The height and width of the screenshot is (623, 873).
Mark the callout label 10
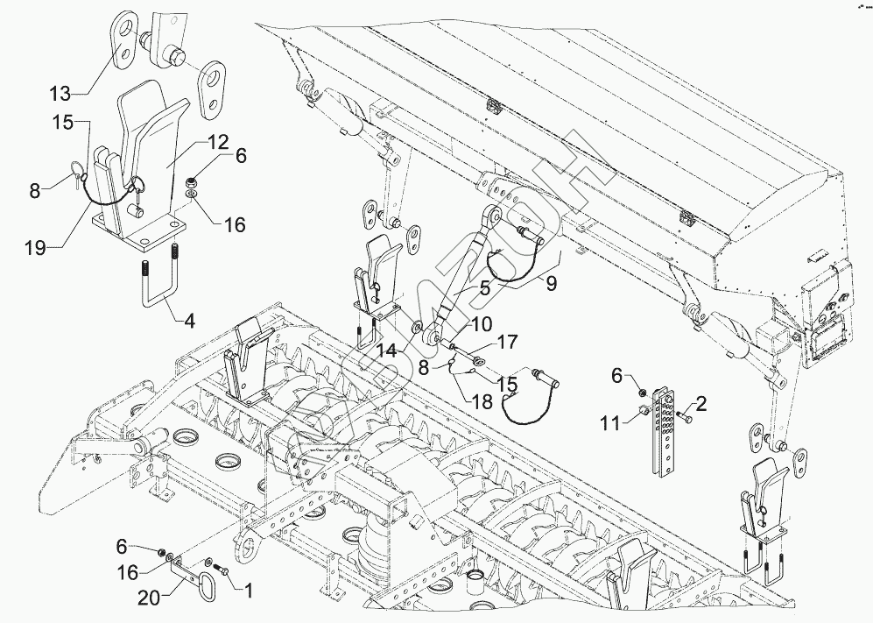tap(464, 325)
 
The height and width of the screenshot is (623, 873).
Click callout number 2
tap(701, 404)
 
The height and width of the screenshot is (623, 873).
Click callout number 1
tap(247, 590)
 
